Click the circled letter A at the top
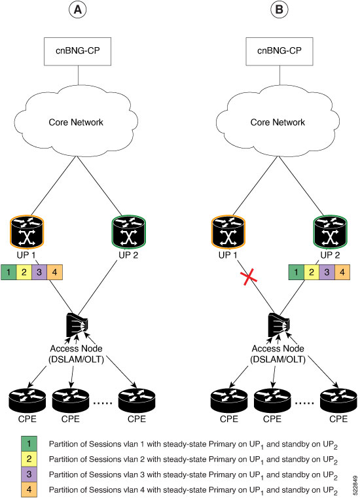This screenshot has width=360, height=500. click(77, 10)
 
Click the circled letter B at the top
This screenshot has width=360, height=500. click(279, 10)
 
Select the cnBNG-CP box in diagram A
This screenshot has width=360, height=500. click(77, 51)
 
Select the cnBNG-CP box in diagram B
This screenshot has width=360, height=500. click(279, 51)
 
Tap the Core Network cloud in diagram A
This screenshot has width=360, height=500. click(76, 122)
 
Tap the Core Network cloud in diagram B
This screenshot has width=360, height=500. click(278, 122)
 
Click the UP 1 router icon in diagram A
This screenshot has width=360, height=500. click(27, 232)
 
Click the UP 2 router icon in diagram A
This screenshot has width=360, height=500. click(129, 232)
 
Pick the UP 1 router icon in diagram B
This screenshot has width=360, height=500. click(228, 232)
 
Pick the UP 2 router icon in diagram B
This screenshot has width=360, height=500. click(331, 232)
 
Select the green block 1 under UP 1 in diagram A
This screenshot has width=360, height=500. click(9, 272)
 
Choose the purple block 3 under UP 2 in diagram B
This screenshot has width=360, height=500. click(327, 272)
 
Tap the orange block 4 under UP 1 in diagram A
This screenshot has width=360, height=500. click(54, 272)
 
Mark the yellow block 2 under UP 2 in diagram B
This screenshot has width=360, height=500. click(312, 272)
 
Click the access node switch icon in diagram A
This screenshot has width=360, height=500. click(77, 325)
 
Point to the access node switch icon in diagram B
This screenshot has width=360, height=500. click(279, 325)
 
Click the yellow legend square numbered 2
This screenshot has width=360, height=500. click(29, 459)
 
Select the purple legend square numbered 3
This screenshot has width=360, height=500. click(29, 474)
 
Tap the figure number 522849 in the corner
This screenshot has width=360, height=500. click(355, 485)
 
